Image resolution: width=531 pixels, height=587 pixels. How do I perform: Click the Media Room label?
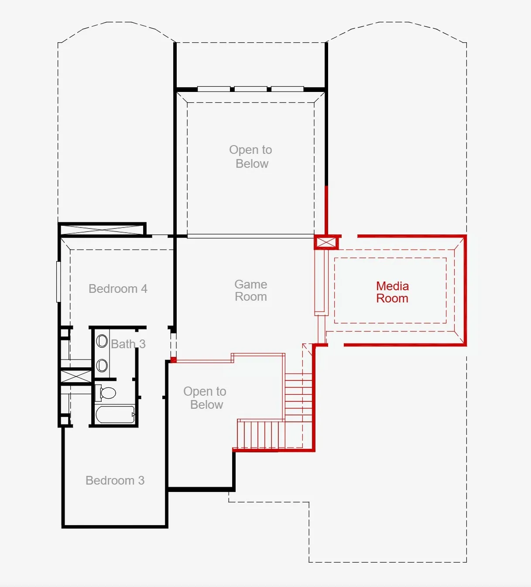coord(392,292)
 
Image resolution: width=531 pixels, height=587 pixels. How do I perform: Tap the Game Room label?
coord(251,291)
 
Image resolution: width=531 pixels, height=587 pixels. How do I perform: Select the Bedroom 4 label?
coord(118,289)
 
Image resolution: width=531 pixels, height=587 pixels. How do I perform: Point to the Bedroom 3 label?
coord(115,481)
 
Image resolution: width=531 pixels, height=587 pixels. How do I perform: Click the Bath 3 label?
coord(128,344)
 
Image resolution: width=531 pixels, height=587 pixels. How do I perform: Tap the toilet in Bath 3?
coord(106,393)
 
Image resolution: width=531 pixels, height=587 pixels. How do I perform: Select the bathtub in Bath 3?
coord(115,414)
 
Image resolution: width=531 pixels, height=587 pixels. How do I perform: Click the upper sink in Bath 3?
coord(102,341)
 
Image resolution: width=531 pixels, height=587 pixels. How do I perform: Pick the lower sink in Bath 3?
coord(102,366)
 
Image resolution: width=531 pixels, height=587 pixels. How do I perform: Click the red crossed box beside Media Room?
coord(326,242)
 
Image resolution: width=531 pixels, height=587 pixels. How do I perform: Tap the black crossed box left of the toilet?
coord(76,377)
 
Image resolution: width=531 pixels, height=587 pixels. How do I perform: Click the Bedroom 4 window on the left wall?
coord(58,282)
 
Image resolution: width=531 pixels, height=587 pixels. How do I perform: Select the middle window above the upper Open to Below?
coord(250,88)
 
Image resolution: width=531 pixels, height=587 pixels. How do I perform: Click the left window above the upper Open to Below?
coord(214,88)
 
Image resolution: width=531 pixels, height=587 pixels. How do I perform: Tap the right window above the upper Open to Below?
coord(288,88)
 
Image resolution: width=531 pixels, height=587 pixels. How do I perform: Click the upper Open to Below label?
coord(251,156)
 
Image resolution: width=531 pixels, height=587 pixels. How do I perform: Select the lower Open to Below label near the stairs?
coord(205,398)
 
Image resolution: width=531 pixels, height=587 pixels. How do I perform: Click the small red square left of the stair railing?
coord(174,360)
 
